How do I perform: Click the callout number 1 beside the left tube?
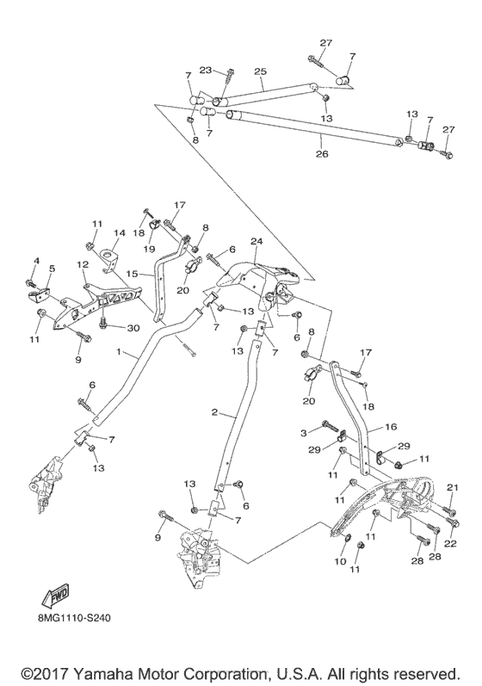(121, 354)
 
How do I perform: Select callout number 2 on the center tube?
(213, 413)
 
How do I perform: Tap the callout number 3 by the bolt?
(303, 431)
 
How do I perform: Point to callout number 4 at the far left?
(36, 261)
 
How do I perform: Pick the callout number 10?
(340, 561)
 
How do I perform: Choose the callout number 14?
(120, 232)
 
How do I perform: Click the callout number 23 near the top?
(206, 71)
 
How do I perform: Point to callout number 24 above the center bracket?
(256, 241)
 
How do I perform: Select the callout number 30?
(133, 327)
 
